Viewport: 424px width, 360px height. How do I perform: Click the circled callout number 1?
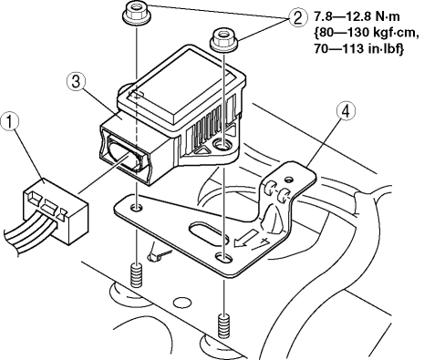(x=10, y=122)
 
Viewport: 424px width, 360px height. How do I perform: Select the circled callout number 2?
(x=295, y=17)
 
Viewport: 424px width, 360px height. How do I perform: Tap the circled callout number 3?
(x=76, y=83)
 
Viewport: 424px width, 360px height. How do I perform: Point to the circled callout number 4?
(x=346, y=112)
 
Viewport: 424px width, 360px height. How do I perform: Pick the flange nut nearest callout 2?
(x=223, y=40)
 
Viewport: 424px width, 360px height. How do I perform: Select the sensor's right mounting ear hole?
(x=224, y=143)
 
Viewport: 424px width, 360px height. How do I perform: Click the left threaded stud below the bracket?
(x=137, y=275)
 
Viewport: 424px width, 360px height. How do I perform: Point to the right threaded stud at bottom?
(x=224, y=325)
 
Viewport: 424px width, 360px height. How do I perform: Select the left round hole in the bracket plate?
(x=136, y=208)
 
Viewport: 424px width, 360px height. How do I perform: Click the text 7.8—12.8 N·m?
(x=357, y=16)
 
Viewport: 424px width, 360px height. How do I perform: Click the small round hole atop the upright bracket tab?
(x=288, y=180)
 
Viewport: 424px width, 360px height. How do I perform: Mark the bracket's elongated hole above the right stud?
(x=224, y=258)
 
